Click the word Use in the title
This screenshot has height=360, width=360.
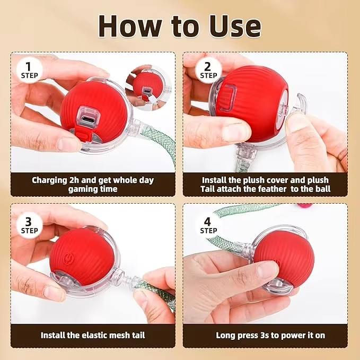235,27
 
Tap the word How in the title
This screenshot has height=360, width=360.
130,26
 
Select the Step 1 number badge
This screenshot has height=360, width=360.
29,70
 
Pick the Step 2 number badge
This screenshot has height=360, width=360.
208,70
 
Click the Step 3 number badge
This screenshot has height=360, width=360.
29,225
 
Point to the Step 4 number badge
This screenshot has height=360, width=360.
208,225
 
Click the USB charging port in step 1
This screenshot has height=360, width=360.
88,119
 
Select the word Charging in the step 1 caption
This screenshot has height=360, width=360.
49,180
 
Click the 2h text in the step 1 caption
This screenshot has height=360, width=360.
74,180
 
